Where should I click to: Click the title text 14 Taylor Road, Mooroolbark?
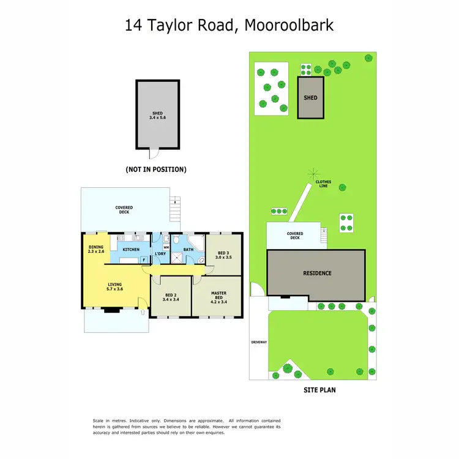click(229, 25)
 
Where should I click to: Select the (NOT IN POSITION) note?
click(156, 169)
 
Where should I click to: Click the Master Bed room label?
click(218, 297)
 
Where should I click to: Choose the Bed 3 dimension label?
click(225, 258)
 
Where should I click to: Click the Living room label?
click(115, 286)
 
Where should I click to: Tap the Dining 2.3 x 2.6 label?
click(96, 249)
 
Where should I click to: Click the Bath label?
click(188, 250)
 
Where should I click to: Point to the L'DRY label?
click(160, 254)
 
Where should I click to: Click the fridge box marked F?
click(144, 259)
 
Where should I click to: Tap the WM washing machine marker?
click(166, 247)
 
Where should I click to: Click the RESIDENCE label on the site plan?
click(316, 273)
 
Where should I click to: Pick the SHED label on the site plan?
click(310, 97)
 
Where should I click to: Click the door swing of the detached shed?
click(153, 153)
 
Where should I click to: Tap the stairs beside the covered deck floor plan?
click(176, 210)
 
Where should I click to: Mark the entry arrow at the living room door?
click(143, 312)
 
